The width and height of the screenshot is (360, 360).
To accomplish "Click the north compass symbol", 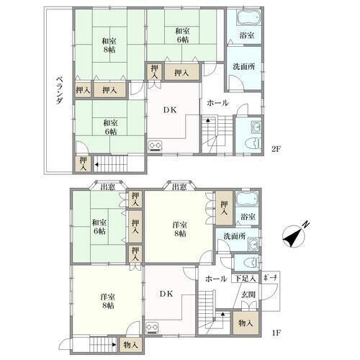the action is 294,236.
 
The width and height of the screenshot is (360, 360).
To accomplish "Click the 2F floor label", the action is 276,149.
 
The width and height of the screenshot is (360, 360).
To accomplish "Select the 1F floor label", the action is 276,333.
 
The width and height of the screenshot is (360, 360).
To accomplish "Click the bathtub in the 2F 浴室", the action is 249,17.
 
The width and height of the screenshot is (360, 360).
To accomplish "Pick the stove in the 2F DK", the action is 155,146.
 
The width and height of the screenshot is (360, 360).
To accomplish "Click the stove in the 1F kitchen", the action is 152,328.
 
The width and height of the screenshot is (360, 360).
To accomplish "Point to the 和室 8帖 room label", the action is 109,45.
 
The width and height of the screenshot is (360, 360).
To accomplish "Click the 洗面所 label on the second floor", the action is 244,67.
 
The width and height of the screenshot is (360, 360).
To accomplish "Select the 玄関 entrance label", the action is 248,294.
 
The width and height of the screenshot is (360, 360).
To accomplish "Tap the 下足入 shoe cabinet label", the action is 245,279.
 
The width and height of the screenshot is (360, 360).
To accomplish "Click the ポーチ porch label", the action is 270,278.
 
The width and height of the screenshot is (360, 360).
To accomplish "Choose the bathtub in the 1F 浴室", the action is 247,199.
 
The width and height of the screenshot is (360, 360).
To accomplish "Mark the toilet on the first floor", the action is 251,263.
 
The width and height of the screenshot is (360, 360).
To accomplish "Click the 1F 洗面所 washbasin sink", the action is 253,244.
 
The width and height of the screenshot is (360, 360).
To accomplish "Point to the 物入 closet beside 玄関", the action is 246,323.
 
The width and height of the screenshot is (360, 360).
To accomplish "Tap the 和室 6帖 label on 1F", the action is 99,227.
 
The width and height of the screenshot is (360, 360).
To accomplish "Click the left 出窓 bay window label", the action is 108,186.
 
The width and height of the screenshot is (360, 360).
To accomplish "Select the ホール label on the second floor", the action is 217,103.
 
